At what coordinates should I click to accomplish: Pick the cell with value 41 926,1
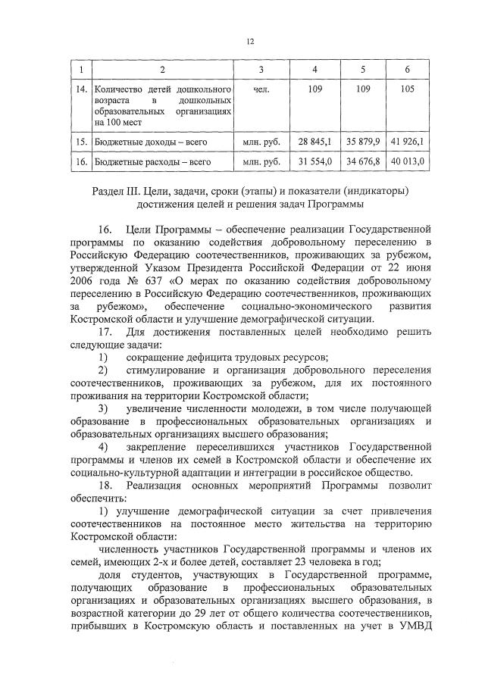(x=408, y=141)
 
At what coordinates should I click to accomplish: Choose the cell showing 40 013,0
(x=408, y=161)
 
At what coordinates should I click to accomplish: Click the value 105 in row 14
(x=408, y=90)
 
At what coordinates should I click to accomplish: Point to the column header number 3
(x=261, y=70)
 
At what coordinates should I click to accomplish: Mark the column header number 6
(x=408, y=70)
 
